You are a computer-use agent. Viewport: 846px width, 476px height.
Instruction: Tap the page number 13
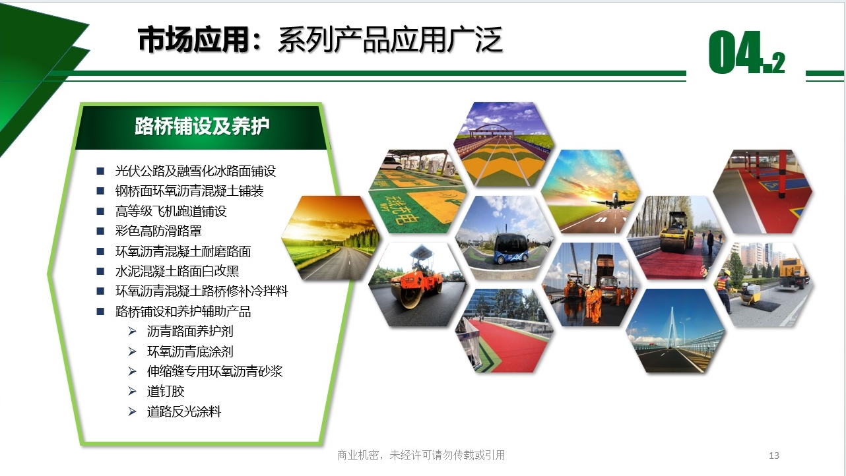click(x=774, y=456)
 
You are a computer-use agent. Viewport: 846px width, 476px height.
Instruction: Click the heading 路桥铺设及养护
click(x=202, y=126)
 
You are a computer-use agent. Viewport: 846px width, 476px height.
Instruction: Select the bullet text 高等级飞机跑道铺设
click(x=171, y=211)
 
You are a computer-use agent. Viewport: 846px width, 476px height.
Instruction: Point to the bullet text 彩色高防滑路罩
click(x=158, y=231)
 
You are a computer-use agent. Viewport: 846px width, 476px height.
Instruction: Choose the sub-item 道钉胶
click(x=166, y=391)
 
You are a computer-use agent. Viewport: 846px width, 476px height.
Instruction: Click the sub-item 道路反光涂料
click(x=184, y=411)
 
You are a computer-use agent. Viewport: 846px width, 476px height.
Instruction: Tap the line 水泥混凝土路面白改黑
click(x=177, y=271)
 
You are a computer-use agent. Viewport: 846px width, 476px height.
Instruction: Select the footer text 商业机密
click(x=358, y=456)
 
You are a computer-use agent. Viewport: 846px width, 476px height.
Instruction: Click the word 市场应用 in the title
click(x=193, y=40)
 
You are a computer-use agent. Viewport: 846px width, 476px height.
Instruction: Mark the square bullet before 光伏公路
click(x=100, y=171)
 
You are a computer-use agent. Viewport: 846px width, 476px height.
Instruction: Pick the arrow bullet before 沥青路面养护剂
click(x=132, y=331)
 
